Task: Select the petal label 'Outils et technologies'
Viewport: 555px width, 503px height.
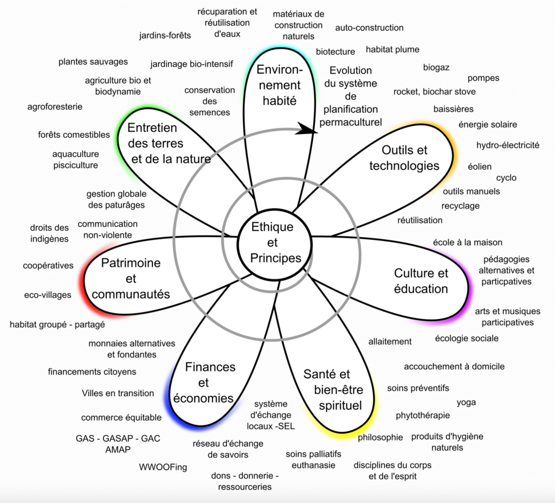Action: [x=404, y=158]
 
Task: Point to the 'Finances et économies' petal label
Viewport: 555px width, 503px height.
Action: [x=203, y=383]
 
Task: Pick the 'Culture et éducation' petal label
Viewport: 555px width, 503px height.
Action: [x=421, y=281]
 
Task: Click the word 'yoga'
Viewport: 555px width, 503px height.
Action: [x=466, y=402]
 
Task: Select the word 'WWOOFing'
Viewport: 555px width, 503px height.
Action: [x=163, y=467]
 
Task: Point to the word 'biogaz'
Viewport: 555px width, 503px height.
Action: [x=436, y=67]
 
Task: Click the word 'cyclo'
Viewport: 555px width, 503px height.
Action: [x=506, y=177]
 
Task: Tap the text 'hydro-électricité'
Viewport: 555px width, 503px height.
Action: [x=508, y=145]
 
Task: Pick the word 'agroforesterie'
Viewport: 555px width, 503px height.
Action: [x=55, y=106]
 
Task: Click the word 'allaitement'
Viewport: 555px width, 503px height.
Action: [x=390, y=341]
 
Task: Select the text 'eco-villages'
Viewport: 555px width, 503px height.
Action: [x=48, y=295]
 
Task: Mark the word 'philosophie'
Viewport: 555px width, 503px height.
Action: [x=380, y=437]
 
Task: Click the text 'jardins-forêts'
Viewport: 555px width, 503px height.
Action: [x=165, y=36]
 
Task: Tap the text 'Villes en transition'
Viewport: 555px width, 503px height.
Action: [x=118, y=393]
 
